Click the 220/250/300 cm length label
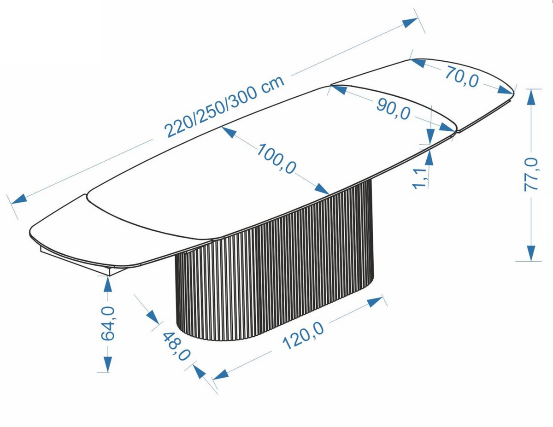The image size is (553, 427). click(224, 107)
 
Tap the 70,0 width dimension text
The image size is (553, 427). click(462, 76)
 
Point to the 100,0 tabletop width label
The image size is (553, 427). click(276, 158)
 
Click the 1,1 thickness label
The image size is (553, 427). click(419, 178)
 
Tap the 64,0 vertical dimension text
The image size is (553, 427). click(108, 323)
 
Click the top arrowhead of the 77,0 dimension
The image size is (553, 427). click(531, 97)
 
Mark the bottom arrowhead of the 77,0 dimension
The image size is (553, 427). click(531, 253)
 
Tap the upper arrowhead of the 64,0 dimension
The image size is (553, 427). click(108, 284)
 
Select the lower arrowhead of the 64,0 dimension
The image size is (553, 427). click(108, 364)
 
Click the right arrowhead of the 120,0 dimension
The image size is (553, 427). click(375, 302)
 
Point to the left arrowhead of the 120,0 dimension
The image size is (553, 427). click(220, 374)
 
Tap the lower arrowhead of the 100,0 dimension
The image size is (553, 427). click(322, 189)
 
